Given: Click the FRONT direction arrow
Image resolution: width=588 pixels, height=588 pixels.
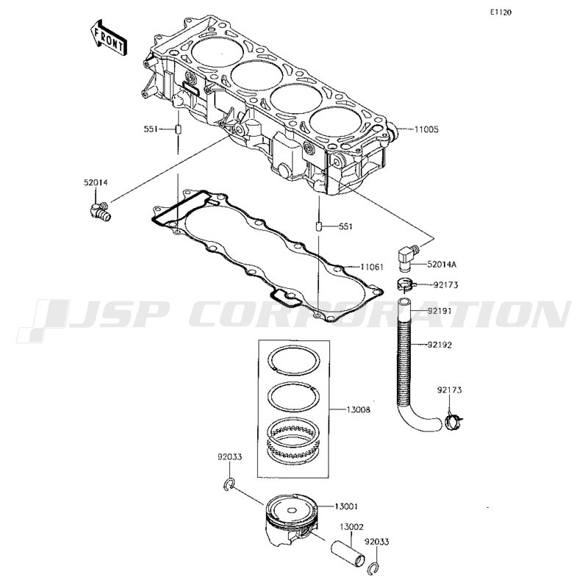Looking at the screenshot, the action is pos(109,37).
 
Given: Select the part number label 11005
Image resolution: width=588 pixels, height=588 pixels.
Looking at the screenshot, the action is pos(426,130).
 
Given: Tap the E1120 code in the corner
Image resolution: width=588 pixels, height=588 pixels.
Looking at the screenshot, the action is pos(501,12).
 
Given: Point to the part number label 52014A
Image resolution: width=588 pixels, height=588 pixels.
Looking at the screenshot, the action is pos(442,265).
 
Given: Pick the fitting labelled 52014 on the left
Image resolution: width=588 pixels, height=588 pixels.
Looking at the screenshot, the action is pos(100,211).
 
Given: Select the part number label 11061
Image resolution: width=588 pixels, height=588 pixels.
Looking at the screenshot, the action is pos(372,267).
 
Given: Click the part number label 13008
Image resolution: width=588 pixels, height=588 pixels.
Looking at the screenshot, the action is pos(358,410).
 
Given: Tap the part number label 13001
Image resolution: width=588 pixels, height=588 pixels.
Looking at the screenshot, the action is pos(346,506).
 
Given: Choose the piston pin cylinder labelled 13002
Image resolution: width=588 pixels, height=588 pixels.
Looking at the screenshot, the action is pos(347,553).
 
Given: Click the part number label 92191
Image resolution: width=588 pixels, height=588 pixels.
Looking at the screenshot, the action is pos(440,311).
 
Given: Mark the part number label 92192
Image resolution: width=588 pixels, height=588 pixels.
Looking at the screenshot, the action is pos(440,345).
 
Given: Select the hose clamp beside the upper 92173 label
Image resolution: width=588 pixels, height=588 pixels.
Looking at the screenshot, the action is pos(406,284).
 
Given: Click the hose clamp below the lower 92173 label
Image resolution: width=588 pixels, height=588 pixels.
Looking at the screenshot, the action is pos(452,421).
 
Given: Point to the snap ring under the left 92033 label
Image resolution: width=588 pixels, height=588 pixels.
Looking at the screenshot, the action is pos(229,484).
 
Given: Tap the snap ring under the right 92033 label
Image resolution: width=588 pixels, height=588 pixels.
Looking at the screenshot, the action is pos(373,568).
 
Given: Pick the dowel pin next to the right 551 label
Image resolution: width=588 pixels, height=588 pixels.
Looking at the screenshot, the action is pos(318,227).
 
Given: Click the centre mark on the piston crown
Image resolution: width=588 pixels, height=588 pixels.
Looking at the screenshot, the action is pos(292,510).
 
